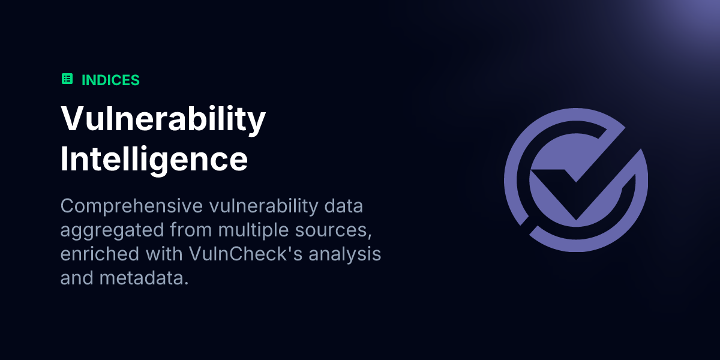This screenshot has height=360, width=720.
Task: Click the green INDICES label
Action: pyautogui.click(x=110, y=80)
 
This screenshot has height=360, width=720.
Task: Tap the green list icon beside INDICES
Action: pyautogui.click(x=67, y=79)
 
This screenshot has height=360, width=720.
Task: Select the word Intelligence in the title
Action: pyautogui.click(x=154, y=159)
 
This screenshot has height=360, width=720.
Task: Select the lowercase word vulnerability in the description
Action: pyautogui.click(x=262, y=206)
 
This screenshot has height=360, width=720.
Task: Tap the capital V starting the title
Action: pyautogui.click(x=72, y=119)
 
